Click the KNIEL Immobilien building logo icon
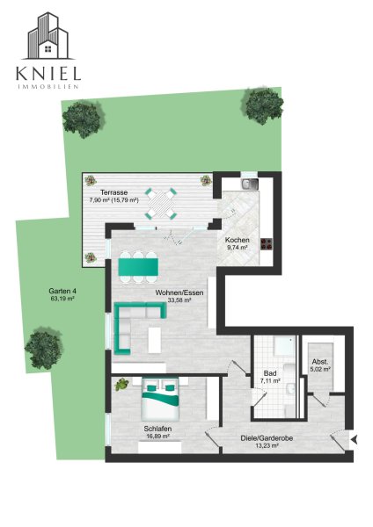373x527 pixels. (x=48, y=36)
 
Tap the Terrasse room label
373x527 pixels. (x=113, y=192)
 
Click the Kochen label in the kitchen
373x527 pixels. (x=238, y=240)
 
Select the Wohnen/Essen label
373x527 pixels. (x=179, y=292)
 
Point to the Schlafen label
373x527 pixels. (x=157, y=429)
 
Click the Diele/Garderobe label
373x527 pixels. (x=267, y=438)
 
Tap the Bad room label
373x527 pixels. (x=270, y=373)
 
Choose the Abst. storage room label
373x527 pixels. (x=320, y=362)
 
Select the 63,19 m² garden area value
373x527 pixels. (x=62, y=299)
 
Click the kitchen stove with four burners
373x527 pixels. (x=267, y=244)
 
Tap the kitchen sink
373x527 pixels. (x=250, y=184)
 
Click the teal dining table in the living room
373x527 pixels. (x=138, y=267)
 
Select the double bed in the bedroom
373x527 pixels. (x=160, y=399)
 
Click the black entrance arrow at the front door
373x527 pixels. (x=354, y=439)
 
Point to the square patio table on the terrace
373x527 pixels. (x=161, y=204)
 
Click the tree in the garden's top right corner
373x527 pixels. (x=264, y=105)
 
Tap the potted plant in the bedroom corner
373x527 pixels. (x=121, y=384)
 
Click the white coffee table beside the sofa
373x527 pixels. (x=155, y=340)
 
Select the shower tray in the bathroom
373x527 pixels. (x=284, y=345)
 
